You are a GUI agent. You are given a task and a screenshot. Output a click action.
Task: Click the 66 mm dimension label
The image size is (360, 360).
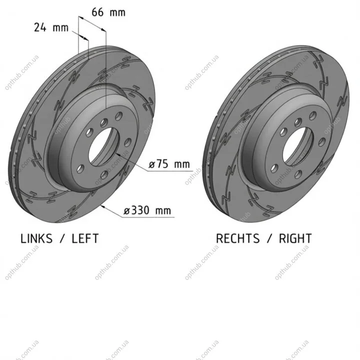tap(108, 12)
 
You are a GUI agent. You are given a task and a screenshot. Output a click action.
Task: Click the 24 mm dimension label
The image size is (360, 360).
tap(51, 27)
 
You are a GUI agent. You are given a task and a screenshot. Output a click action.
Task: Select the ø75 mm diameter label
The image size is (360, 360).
tap(169, 164)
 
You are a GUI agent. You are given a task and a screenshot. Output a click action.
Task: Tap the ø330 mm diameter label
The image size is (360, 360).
tap(147, 210)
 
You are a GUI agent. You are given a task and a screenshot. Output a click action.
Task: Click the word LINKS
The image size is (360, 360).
tap(36, 238)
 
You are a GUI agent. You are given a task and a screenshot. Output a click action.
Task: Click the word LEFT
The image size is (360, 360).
tap(85, 238)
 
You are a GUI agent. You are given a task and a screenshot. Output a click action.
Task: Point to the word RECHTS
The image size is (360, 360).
tap(238, 238)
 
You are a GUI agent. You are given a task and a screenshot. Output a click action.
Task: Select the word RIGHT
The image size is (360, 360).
tap(295, 238)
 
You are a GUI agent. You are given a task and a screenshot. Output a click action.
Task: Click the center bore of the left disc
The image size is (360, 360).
tap(104, 146)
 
